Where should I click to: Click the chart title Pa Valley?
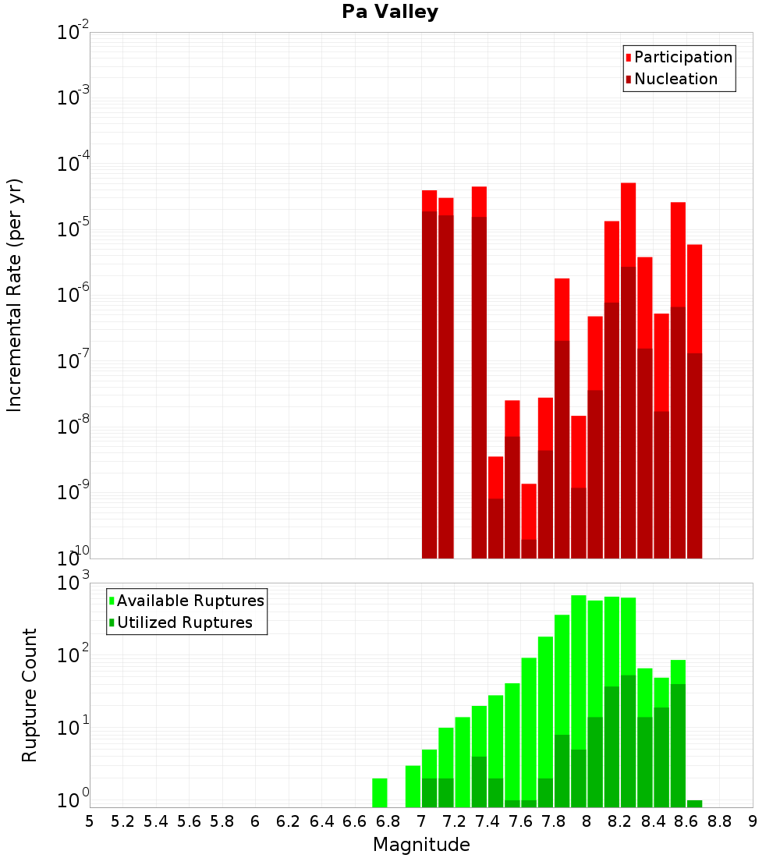[x=390, y=12]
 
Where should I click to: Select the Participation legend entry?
[x=683, y=58]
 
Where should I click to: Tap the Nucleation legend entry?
[x=675, y=80]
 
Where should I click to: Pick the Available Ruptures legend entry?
[x=190, y=601]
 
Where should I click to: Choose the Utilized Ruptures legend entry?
[x=184, y=623]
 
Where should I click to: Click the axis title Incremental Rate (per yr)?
[x=14, y=295]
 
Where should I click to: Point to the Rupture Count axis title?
[x=30, y=694]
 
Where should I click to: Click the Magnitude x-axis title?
[x=421, y=845]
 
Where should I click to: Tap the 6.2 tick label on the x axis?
[x=289, y=821]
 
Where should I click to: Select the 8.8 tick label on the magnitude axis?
[x=719, y=821]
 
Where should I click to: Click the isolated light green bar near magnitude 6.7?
[x=380, y=792]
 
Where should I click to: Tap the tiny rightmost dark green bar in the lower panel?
[x=695, y=803]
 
